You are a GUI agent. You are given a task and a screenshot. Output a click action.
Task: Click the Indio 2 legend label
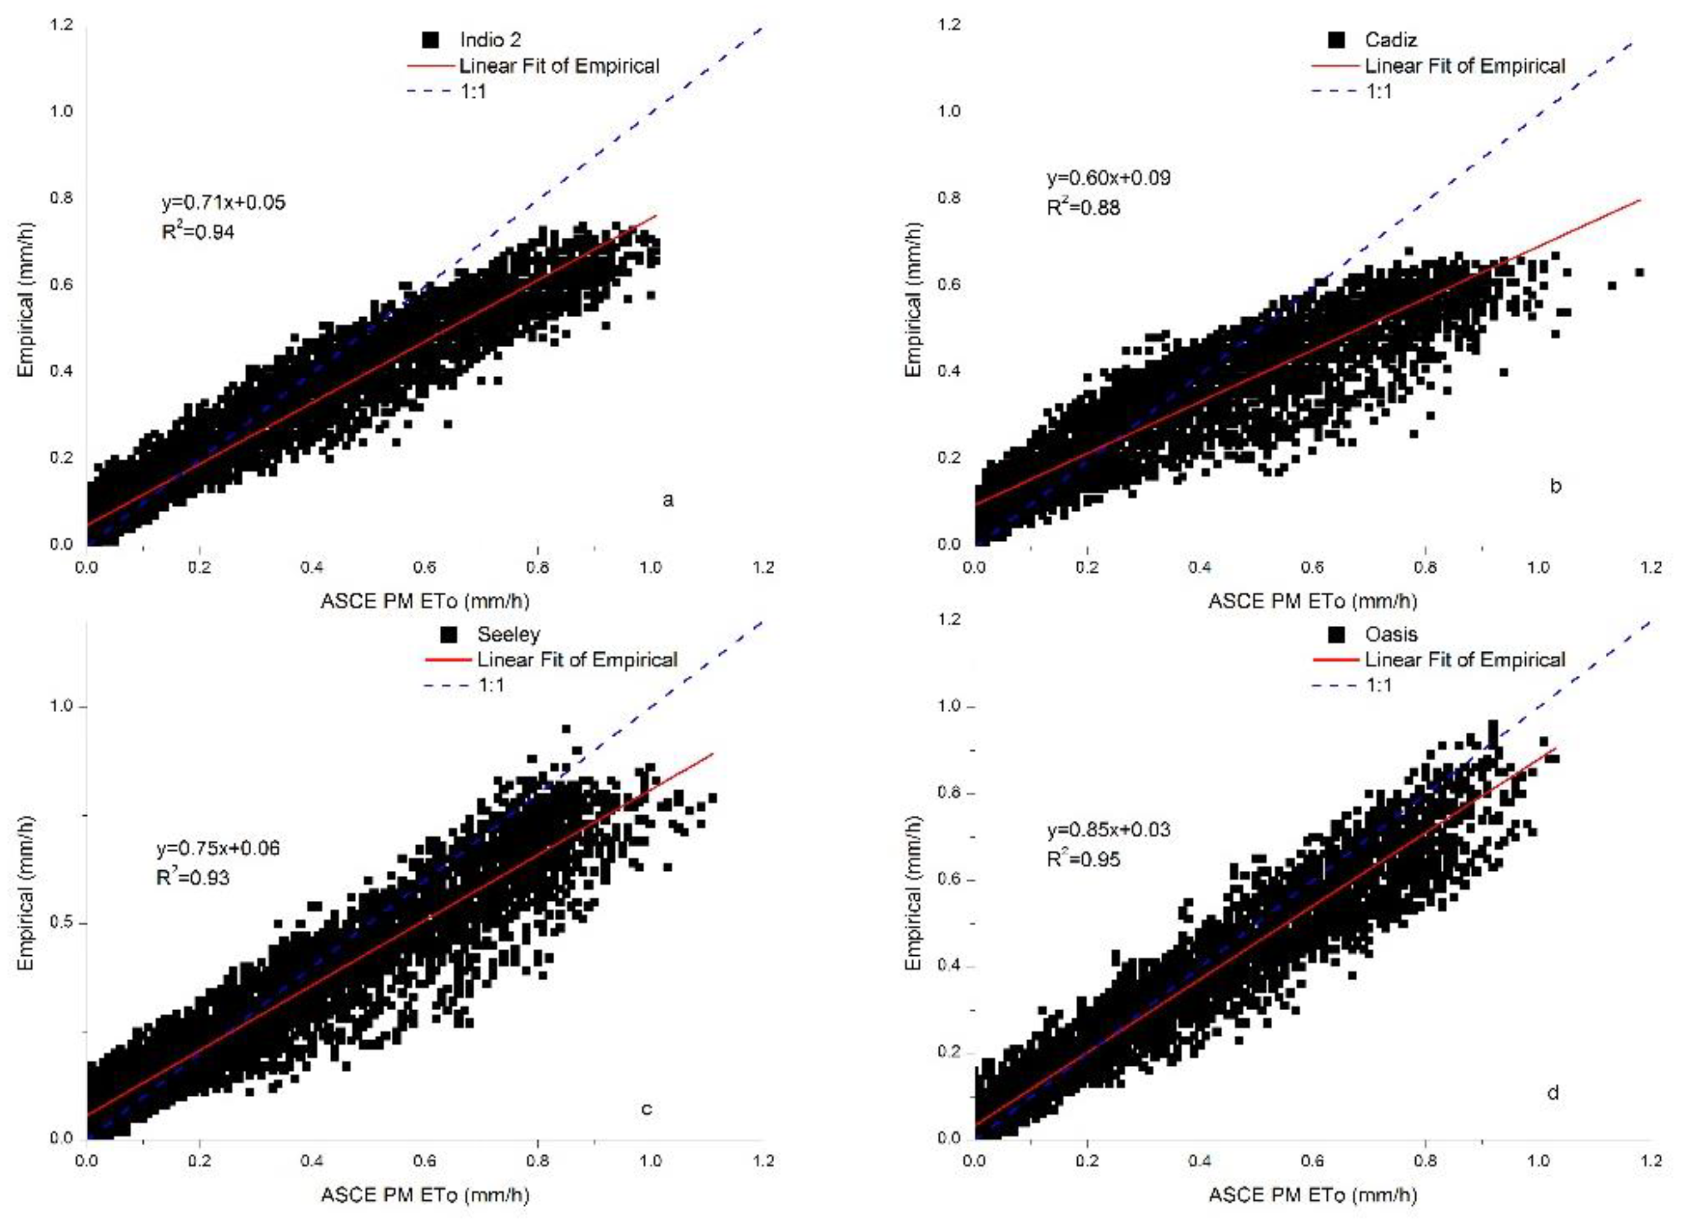(x=489, y=40)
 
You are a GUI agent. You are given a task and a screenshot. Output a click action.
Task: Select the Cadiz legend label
(x=1390, y=40)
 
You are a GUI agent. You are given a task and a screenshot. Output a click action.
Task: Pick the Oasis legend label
(x=1391, y=634)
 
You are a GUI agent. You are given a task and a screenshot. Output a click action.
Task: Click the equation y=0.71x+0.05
(x=223, y=202)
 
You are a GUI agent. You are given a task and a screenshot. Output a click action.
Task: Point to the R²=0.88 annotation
(x=1083, y=208)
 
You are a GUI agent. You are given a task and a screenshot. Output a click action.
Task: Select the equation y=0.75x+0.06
(x=218, y=848)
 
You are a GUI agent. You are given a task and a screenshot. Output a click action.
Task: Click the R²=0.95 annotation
(x=1083, y=859)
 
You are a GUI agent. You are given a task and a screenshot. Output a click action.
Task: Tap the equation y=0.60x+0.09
(x=1108, y=178)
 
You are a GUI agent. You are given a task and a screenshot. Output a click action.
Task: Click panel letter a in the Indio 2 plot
(x=667, y=500)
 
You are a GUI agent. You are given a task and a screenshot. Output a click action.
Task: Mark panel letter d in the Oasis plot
(x=1552, y=1093)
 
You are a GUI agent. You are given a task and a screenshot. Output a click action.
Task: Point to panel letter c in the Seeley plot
(x=646, y=1109)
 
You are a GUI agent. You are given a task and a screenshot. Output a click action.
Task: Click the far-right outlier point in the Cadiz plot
(x=1639, y=273)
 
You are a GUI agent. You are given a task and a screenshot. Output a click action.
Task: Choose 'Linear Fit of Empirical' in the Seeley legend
(x=576, y=659)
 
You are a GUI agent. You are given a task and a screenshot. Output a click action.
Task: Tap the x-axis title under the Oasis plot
(x=1312, y=1195)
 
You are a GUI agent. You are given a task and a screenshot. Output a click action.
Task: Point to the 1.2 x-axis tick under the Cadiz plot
(x=1650, y=568)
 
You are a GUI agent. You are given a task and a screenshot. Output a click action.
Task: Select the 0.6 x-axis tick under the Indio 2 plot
(x=425, y=568)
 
